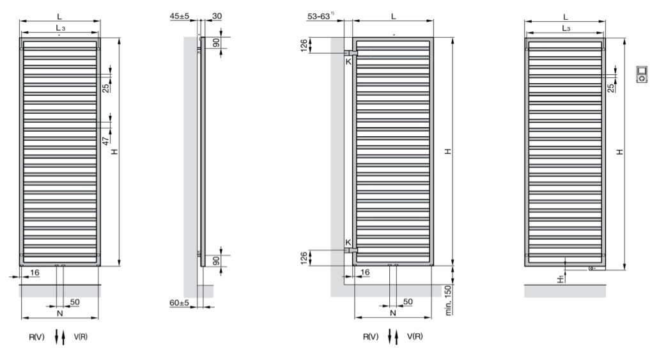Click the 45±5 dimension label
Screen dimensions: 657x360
tap(180, 16)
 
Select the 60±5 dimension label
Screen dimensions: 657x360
tap(180, 302)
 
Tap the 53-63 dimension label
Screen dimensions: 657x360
tap(319, 17)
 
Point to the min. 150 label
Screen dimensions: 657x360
tap(449, 300)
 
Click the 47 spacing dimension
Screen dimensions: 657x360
tap(105, 141)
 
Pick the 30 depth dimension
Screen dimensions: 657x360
tap(217, 16)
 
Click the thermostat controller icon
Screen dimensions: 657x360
tap(642, 74)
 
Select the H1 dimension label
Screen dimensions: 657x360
tap(560, 279)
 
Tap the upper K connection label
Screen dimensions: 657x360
tap(348, 62)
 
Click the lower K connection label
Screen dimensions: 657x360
tap(348, 242)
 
